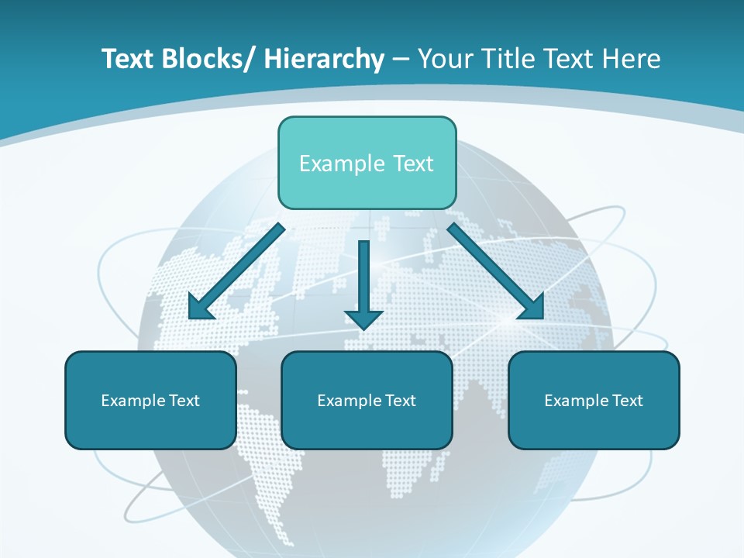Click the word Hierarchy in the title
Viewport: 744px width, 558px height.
click(x=324, y=59)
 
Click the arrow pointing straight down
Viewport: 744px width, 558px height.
click(x=363, y=279)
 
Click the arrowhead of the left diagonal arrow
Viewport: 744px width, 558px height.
click(x=199, y=308)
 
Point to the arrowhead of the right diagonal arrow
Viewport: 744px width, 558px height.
click(x=532, y=308)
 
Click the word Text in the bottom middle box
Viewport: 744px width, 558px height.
click(x=400, y=401)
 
